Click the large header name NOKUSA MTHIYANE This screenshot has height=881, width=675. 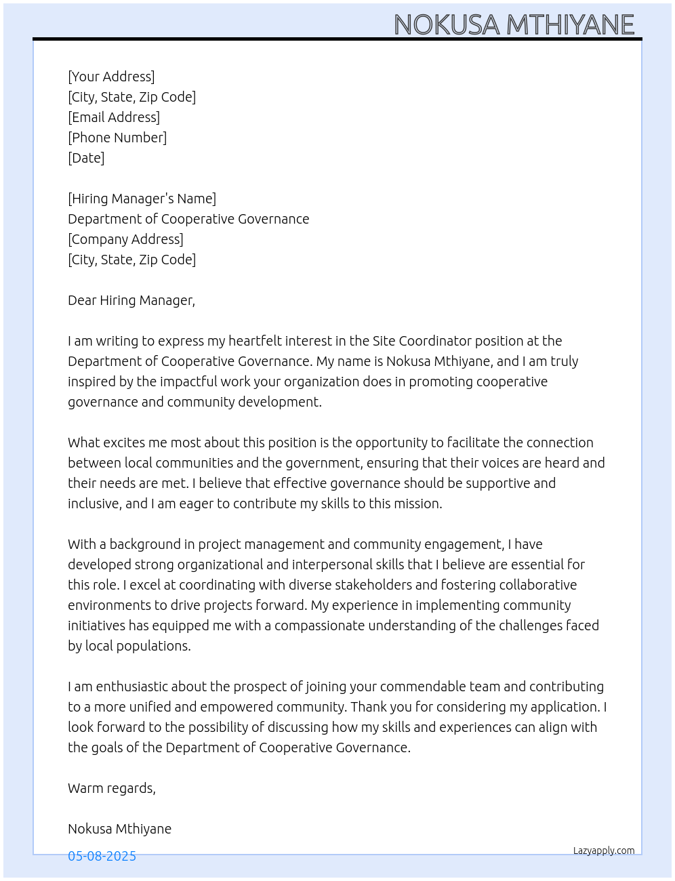pos(514,25)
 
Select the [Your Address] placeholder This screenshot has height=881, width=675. pos(111,77)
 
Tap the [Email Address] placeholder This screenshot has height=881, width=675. pos(114,117)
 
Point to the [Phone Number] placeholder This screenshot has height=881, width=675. pos(117,138)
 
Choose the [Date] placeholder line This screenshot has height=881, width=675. pos(86,158)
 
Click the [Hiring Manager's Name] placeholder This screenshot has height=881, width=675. pos(142,199)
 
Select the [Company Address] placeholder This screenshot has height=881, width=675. pos(125,239)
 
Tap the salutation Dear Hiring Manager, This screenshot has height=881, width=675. pos(131,300)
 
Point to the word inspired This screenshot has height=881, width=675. pos(91,382)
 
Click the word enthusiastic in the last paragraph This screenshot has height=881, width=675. pos(129,687)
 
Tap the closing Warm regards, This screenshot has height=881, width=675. pos(112,788)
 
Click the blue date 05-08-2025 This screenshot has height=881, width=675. pos(102,856)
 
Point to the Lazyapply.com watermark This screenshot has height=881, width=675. pos(604,851)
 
